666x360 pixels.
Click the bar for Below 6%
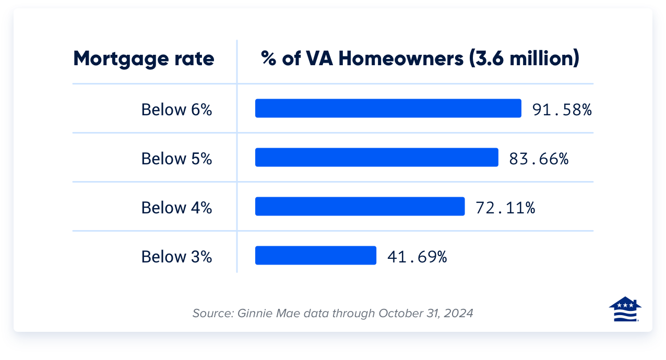click(x=388, y=109)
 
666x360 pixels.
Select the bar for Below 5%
click(x=376, y=158)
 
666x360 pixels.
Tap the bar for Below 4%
click(x=360, y=207)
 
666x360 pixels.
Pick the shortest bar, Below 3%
click(x=315, y=256)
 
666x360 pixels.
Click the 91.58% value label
click(x=562, y=110)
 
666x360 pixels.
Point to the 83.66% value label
click(x=539, y=159)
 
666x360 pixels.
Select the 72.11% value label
click(x=505, y=208)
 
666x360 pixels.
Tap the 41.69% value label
click(x=417, y=257)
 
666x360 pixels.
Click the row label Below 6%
click(x=176, y=110)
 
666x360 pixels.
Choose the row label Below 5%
click(x=176, y=159)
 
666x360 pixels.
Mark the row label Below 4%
click(x=176, y=208)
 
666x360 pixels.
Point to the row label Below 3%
click(x=176, y=257)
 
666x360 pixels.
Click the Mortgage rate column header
click(x=144, y=58)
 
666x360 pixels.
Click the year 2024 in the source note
click(x=460, y=314)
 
